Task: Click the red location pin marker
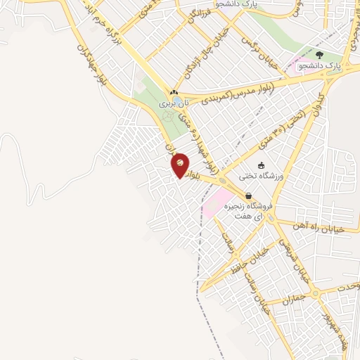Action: pos(180,165)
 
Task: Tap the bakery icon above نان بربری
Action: pos(174,93)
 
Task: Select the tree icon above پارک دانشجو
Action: pos(319,54)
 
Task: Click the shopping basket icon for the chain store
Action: pos(247,196)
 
